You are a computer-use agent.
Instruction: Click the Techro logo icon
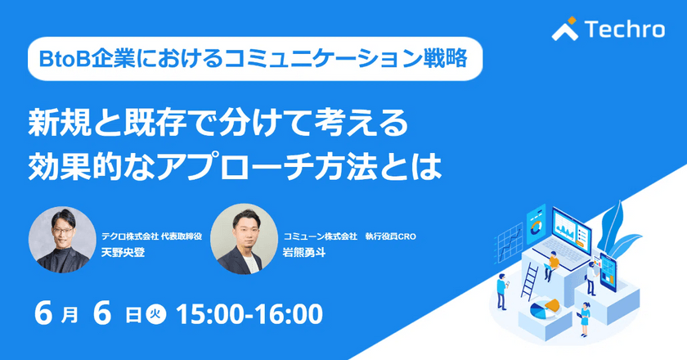click(565, 29)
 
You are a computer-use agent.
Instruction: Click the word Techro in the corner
click(624, 30)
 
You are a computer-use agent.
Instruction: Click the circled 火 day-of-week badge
click(155, 314)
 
